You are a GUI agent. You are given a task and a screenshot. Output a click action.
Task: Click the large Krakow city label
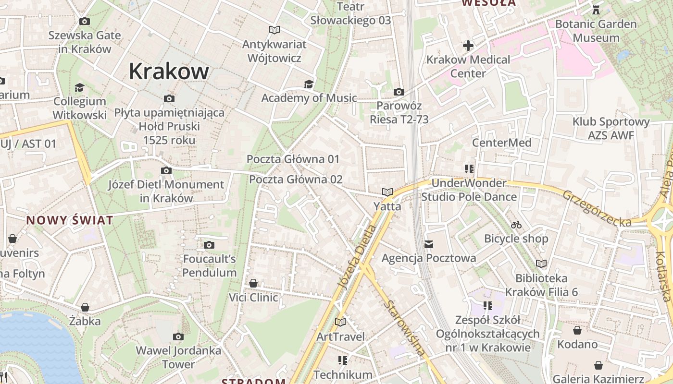tap(169, 72)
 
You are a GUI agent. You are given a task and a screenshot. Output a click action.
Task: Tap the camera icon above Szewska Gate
tap(85, 21)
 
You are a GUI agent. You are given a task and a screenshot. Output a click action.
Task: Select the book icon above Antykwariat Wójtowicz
tap(274, 30)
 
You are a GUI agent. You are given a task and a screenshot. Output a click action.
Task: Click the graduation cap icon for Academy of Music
tap(308, 84)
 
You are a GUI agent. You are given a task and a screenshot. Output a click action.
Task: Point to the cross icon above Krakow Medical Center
tap(468, 46)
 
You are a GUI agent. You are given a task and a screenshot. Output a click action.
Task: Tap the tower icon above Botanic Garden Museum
tap(596, 10)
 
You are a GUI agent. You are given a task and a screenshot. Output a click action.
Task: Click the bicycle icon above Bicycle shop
tap(516, 225)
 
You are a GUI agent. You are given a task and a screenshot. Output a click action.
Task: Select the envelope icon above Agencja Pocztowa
tap(429, 244)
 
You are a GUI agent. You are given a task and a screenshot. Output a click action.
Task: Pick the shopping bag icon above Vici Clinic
tap(253, 284)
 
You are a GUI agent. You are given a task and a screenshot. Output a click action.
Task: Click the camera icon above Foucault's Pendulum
tap(209, 245)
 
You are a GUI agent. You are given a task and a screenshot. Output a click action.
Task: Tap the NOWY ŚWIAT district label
tap(70, 220)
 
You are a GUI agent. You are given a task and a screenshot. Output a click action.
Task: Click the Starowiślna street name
tap(406, 328)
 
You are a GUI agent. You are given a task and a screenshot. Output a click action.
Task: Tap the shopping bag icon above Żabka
tap(85, 307)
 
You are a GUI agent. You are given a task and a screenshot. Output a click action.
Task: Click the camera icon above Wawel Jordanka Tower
tap(178, 336)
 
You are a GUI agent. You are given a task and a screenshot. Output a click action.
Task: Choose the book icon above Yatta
tap(387, 192)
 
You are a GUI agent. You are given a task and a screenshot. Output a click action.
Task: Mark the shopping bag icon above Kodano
tap(577, 330)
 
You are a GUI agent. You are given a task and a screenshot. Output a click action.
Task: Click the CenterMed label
tap(501, 143)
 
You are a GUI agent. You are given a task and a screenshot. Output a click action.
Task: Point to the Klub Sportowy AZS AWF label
tap(611, 129)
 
